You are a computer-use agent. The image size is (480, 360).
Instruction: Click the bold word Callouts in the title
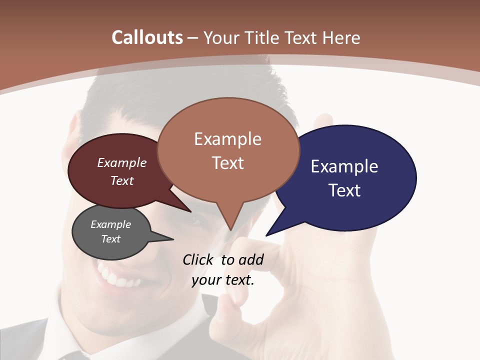pos(147,37)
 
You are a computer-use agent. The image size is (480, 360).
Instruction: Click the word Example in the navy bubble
pos(344,166)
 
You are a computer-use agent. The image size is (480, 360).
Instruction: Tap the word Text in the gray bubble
pos(111,239)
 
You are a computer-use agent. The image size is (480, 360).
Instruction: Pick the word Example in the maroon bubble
pos(122,162)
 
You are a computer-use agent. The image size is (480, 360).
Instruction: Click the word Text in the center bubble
pos(228,163)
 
